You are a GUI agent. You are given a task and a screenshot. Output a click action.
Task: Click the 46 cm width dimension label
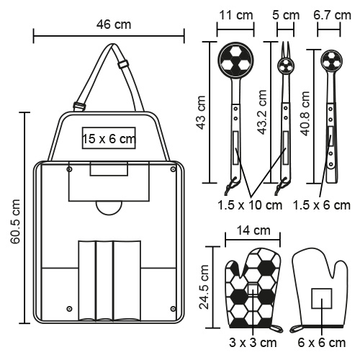[x=114, y=24]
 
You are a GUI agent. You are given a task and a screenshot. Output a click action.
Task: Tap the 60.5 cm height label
[x=15, y=221]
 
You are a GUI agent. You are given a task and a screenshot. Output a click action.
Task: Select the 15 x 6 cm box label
[x=109, y=139]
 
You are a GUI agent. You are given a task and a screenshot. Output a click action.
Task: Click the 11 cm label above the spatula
[x=236, y=15]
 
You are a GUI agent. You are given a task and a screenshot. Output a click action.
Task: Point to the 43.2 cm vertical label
[x=262, y=112]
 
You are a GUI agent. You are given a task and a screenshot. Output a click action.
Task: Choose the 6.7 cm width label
[x=332, y=15]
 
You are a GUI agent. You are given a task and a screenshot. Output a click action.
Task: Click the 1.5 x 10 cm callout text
[x=250, y=205]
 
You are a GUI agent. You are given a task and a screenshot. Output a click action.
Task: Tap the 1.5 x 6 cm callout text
[x=322, y=205]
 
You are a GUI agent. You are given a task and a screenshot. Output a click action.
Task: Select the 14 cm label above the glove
[x=253, y=230]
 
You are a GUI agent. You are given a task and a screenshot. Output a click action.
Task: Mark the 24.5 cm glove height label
[x=204, y=287]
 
